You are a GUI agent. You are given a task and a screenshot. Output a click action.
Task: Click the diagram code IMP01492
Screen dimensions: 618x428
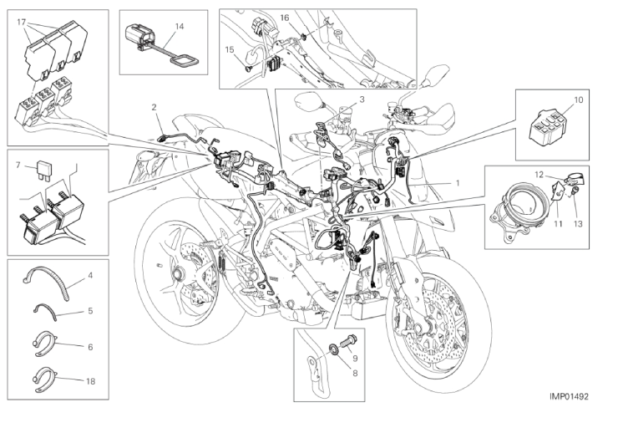pos(569,396)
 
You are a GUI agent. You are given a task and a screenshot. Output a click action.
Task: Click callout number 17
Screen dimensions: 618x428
pos(21,22)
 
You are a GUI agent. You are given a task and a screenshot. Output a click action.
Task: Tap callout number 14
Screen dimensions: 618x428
pos(180,27)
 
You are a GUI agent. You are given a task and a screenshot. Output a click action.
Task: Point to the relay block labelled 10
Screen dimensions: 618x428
pos(548,127)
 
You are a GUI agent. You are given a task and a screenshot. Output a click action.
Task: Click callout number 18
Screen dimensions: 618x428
pos(90,381)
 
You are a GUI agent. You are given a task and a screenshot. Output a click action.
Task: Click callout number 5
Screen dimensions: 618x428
pos(90,311)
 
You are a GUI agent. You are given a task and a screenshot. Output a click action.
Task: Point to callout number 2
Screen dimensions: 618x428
pos(154,107)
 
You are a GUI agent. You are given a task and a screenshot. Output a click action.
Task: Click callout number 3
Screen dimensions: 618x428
pos(362,99)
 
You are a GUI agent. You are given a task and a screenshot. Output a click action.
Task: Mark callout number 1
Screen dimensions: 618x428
pos(458,183)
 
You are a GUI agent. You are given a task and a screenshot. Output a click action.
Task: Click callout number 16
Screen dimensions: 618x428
pos(285,18)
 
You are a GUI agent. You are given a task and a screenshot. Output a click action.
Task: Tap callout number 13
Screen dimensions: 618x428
pos(577,224)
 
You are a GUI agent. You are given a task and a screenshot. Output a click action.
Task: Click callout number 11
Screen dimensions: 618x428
pos(558,224)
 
